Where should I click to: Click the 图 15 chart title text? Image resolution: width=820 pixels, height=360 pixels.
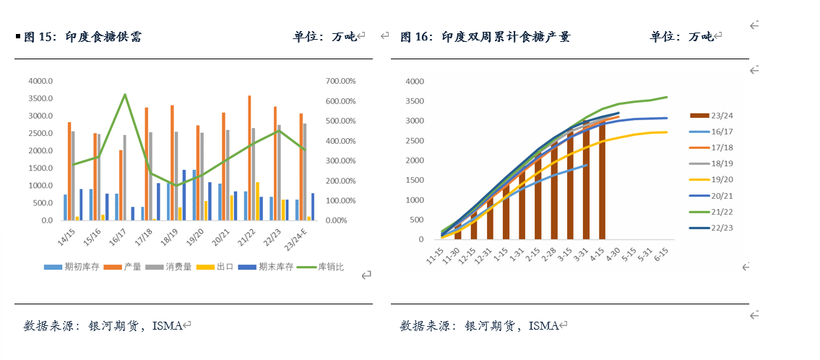(82, 37)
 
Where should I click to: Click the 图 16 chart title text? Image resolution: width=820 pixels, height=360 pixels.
(485, 37)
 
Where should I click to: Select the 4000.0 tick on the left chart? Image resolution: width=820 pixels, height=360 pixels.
(40, 81)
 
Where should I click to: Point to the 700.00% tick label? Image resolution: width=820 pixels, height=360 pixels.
(340, 81)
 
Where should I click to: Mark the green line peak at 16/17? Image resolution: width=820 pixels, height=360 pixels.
(125, 95)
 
